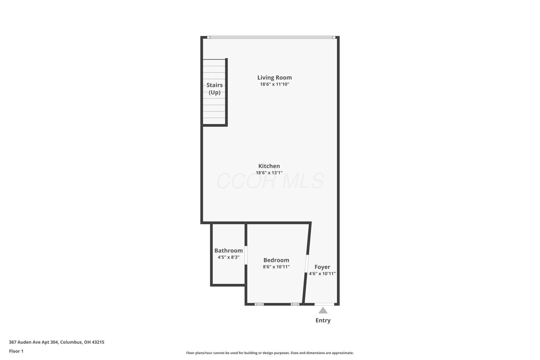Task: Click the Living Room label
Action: click(x=274, y=78)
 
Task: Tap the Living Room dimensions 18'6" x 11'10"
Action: click(x=274, y=84)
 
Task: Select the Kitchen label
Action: click(x=269, y=166)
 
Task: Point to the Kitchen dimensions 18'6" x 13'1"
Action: click(x=269, y=173)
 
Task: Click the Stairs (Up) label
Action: click(x=214, y=89)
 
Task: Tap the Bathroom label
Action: click(x=228, y=251)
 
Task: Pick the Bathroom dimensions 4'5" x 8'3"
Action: click(x=228, y=257)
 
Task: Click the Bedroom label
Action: click(x=276, y=260)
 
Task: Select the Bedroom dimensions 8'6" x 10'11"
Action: click(x=276, y=267)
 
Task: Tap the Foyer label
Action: click(x=322, y=267)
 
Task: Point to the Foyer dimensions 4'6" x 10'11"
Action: click(x=322, y=274)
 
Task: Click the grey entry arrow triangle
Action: click(x=323, y=310)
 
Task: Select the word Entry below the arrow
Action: click(x=323, y=320)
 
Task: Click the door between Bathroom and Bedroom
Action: click(x=246, y=255)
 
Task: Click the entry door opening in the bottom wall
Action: click(x=324, y=304)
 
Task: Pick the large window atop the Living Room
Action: click(x=271, y=37)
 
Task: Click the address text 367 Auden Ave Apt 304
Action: click(x=34, y=342)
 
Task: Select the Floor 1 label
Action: click(x=16, y=351)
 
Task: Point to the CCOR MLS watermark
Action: click(x=270, y=181)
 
